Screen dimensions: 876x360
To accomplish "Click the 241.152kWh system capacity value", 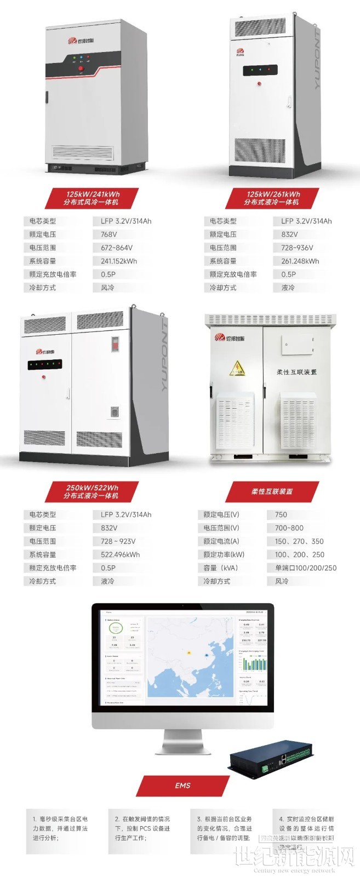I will point(119,261).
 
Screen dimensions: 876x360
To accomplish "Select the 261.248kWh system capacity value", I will point(300,261).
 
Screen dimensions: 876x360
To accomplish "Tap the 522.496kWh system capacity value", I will point(120,554).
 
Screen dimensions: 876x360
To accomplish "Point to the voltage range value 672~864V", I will point(116,248).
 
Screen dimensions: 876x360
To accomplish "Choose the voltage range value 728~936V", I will point(297,248).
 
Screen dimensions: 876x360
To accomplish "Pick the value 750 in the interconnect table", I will point(281,514).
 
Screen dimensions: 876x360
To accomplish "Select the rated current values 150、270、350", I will point(299,541).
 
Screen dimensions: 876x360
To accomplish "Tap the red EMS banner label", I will point(182,786).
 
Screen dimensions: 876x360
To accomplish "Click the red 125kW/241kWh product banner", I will point(93,198).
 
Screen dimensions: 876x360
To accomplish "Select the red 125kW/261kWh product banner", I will point(273,198).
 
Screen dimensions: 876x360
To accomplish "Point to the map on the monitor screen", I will point(191,657).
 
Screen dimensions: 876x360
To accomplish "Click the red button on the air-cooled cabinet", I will point(82,68).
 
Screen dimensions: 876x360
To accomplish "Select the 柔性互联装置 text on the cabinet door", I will point(296,372).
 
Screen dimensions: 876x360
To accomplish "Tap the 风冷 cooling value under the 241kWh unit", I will point(107,288).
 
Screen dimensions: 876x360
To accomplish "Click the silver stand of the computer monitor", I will point(182,743).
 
